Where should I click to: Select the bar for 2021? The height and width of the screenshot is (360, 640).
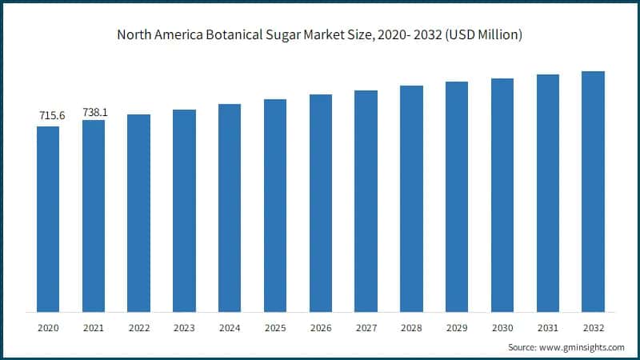(94, 216)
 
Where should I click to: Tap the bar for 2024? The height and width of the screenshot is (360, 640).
(230, 208)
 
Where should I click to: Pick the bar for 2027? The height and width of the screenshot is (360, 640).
(366, 201)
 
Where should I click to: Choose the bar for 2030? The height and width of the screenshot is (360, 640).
(502, 195)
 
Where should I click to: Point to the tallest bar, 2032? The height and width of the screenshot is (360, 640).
(593, 191)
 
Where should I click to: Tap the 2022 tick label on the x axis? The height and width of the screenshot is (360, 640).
(138, 328)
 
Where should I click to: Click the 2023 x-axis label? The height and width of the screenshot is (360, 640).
(184, 328)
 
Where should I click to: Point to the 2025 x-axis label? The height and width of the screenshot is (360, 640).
(275, 328)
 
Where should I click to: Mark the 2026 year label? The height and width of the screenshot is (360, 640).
(320, 328)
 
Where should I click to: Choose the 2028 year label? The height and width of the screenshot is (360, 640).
(411, 328)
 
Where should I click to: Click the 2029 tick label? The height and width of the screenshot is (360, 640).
(457, 328)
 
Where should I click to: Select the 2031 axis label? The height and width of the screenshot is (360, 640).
(547, 328)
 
